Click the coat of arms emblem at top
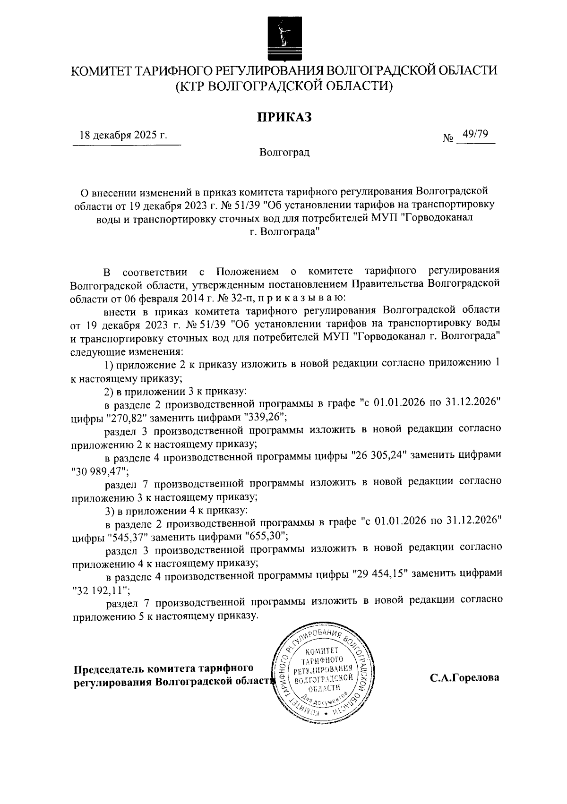[x=283, y=39]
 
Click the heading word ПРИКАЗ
[x=284, y=117]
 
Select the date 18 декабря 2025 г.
[x=124, y=136]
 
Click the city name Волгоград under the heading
[x=284, y=153]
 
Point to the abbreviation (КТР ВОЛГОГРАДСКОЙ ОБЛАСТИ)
[x=284, y=86]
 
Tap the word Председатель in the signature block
[x=109, y=669]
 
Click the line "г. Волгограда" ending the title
[x=284, y=232]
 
